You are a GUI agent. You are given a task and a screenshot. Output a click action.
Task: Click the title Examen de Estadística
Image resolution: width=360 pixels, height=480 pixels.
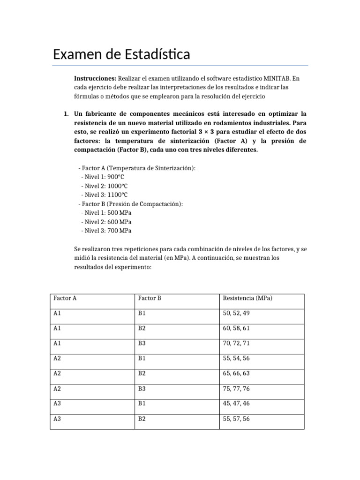pyautogui.click(x=121, y=54)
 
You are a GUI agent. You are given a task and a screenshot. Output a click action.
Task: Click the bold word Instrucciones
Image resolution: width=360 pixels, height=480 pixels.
pyautogui.click(x=95, y=78)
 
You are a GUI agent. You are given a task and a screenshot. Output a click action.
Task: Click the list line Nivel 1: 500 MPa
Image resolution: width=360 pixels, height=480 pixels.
pyautogui.click(x=106, y=213)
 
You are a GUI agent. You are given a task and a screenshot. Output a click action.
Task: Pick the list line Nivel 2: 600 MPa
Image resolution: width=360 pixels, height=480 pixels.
pyautogui.click(x=106, y=222)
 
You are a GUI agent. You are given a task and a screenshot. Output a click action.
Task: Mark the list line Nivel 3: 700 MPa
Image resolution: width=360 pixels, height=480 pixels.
pyautogui.click(x=106, y=231)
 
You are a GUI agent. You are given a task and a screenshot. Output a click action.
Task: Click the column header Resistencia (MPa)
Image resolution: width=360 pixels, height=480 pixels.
pyautogui.click(x=247, y=298)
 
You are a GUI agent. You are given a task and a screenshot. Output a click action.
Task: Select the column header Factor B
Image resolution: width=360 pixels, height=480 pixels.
pyautogui.click(x=150, y=298)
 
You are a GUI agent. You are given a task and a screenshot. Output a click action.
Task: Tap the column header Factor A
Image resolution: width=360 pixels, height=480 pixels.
pyautogui.click(x=65, y=298)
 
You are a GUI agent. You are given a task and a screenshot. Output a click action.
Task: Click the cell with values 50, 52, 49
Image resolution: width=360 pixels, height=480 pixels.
pyautogui.click(x=236, y=313)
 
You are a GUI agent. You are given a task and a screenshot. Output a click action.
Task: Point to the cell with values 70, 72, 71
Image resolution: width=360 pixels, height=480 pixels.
pyautogui.click(x=236, y=344)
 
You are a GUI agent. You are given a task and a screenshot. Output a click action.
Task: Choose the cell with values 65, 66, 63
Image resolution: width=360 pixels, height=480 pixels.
pyautogui.click(x=236, y=374)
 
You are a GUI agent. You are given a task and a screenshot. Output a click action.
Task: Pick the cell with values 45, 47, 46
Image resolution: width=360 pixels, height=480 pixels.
pyautogui.click(x=236, y=404)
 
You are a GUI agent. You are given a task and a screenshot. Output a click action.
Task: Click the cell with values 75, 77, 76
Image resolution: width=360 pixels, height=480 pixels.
pyautogui.click(x=236, y=389)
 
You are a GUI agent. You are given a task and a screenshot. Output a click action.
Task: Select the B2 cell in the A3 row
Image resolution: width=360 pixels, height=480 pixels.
pyautogui.click(x=142, y=419)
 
